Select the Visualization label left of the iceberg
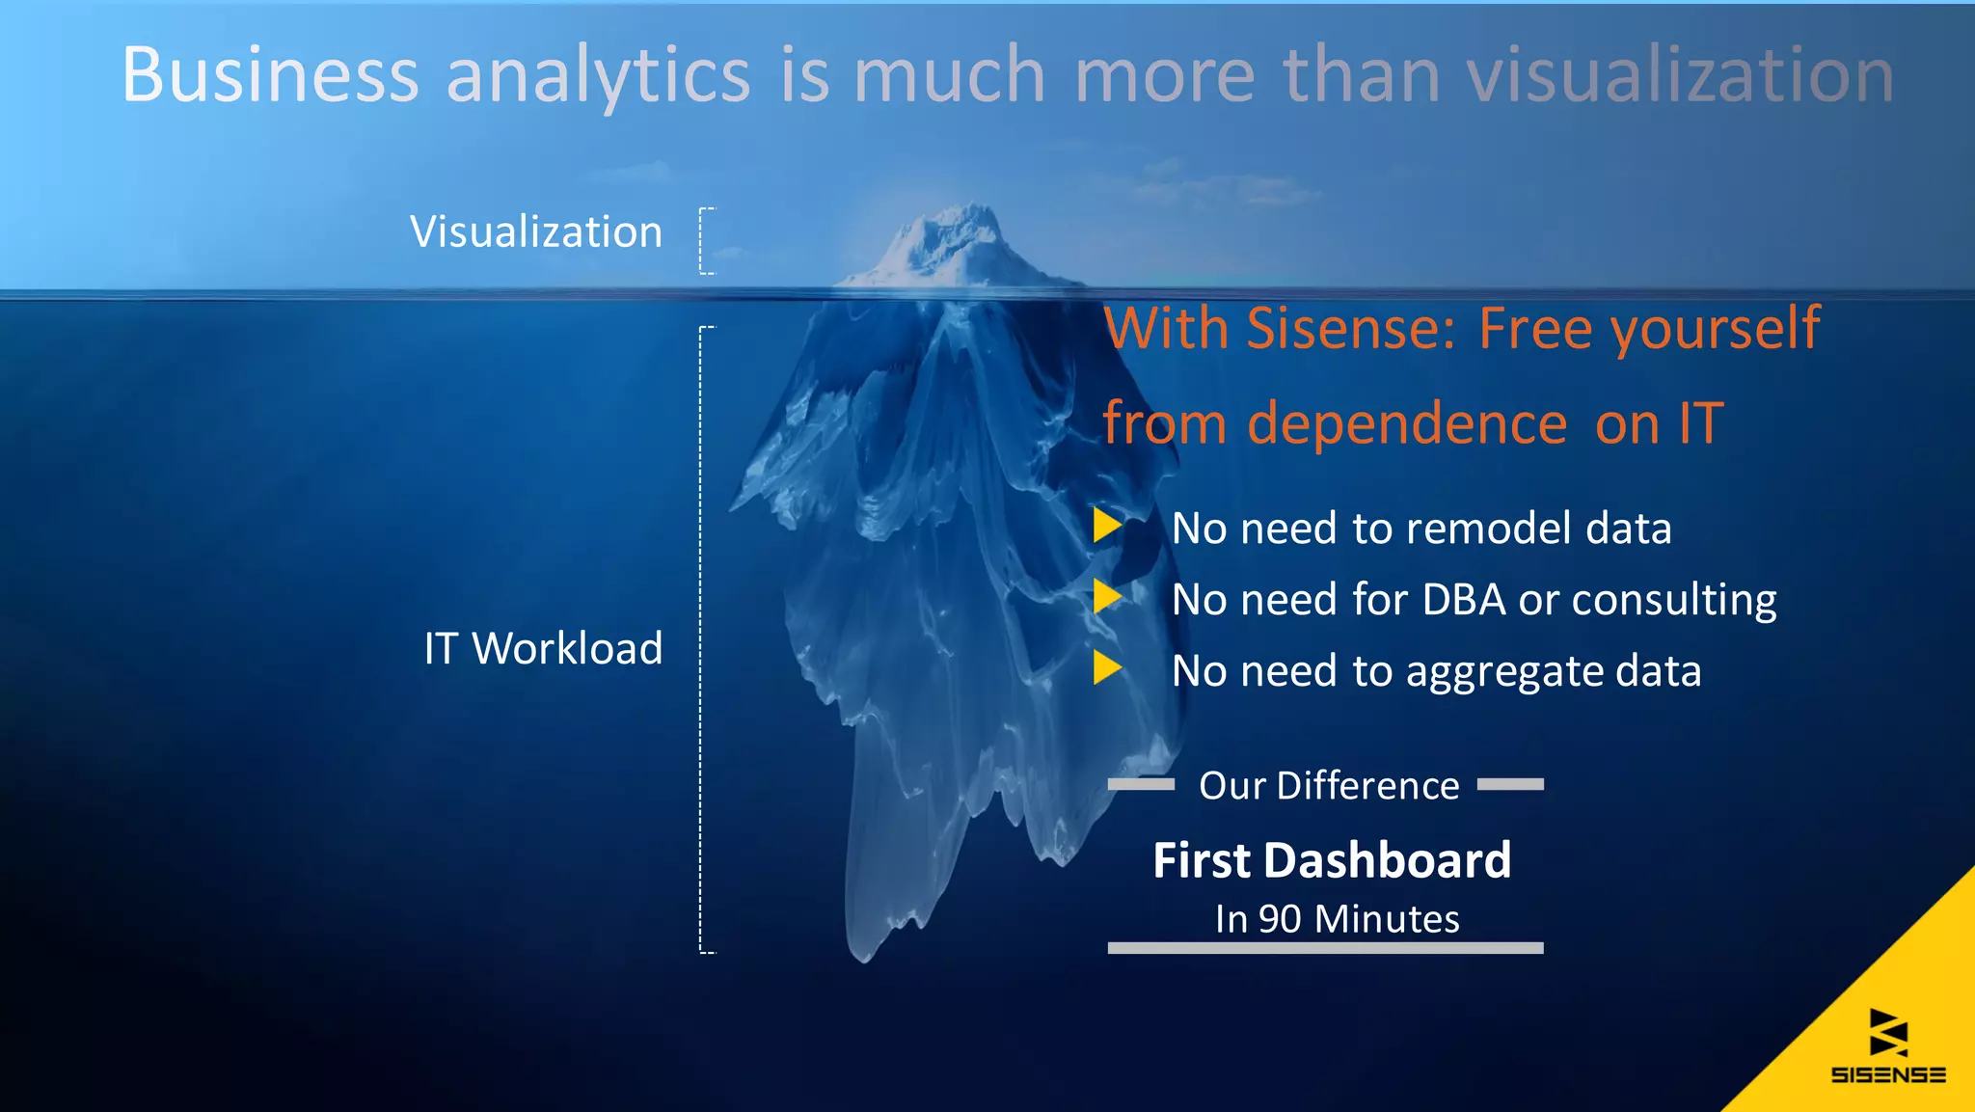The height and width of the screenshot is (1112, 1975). (x=536, y=232)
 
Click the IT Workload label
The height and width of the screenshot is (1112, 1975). (x=543, y=648)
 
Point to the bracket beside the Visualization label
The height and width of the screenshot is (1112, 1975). (x=706, y=241)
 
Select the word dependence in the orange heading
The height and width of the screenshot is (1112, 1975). (x=1407, y=423)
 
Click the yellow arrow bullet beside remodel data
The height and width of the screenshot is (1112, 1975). (x=1107, y=526)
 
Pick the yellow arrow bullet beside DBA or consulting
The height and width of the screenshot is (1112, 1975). (x=1107, y=597)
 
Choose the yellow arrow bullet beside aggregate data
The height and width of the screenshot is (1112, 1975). (x=1107, y=667)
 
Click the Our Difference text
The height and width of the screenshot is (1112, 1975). (x=1328, y=786)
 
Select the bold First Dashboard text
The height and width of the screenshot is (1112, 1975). (x=1332, y=860)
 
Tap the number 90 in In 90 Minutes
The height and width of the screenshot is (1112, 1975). (x=1280, y=919)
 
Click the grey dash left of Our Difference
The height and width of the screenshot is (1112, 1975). (x=1141, y=785)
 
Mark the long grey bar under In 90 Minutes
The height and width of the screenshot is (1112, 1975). (x=1325, y=948)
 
